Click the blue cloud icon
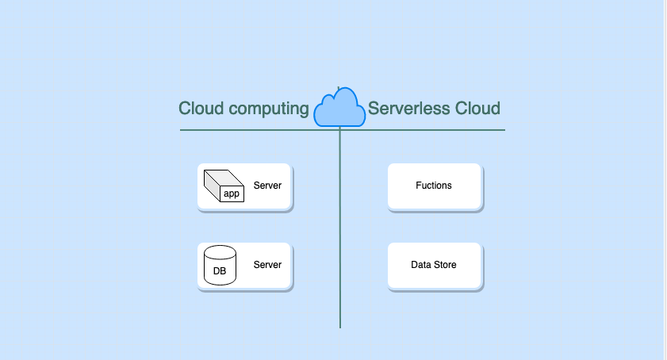[340, 109]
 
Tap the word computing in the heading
[269, 109]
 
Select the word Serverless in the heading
[408, 109]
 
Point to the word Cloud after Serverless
[477, 109]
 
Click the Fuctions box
[434, 186]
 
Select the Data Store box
[434, 265]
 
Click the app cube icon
[224, 186]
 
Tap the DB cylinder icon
[220, 265]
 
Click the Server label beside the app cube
[267, 186]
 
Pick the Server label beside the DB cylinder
[267, 265]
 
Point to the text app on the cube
[231, 193]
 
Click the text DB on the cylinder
[220, 271]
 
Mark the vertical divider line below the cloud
[340, 238]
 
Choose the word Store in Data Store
[445, 265]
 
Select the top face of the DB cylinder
[220, 252]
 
